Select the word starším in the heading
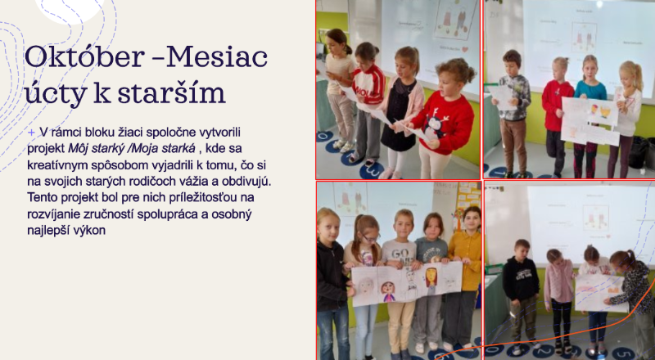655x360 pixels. point(171,92)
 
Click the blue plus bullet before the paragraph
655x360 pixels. point(31,133)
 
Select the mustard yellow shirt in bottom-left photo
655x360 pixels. point(465,258)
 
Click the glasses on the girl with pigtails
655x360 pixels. point(368,238)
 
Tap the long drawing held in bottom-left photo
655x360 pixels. point(407,285)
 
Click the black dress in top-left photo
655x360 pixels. point(401,117)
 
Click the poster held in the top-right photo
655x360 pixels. point(589,121)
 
